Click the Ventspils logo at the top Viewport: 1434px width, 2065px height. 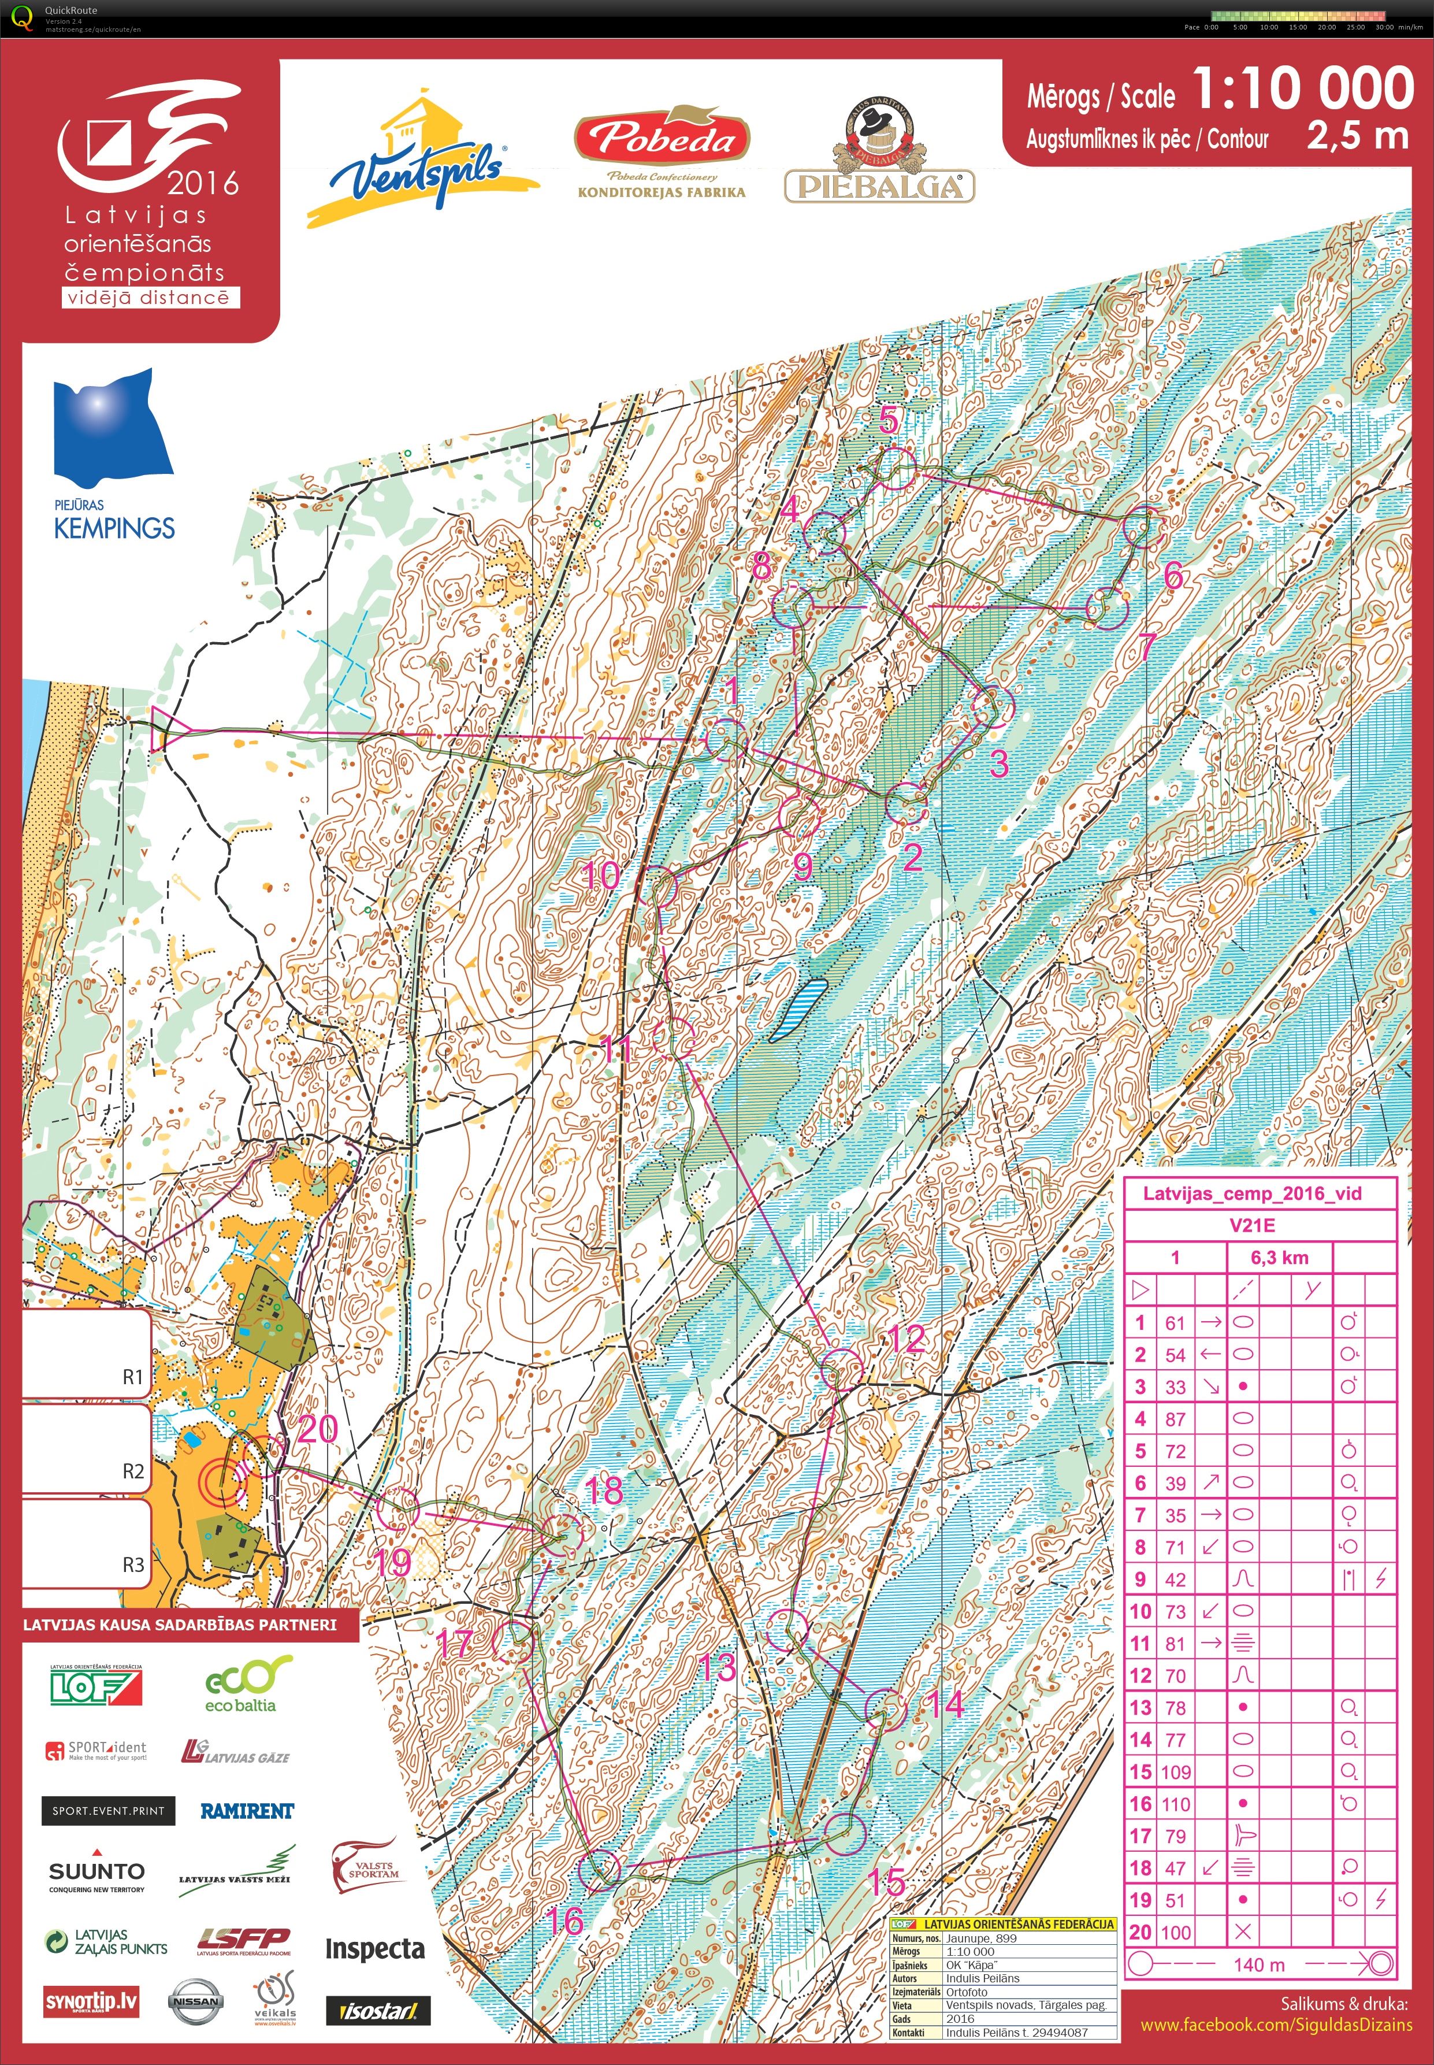[x=418, y=162]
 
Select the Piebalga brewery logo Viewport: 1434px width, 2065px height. [x=879, y=153]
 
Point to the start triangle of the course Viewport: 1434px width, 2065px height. [x=162, y=728]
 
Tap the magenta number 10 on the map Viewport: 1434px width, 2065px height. [x=600, y=874]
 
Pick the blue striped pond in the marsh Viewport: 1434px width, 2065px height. [x=801, y=1009]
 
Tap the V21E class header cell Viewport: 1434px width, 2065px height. [x=1251, y=1225]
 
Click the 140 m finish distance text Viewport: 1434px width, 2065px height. [x=1259, y=1964]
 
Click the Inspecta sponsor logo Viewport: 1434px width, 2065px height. [x=374, y=1949]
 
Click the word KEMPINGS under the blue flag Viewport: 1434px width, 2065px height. [x=114, y=528]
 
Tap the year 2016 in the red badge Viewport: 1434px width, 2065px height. [x=203, y=184]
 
